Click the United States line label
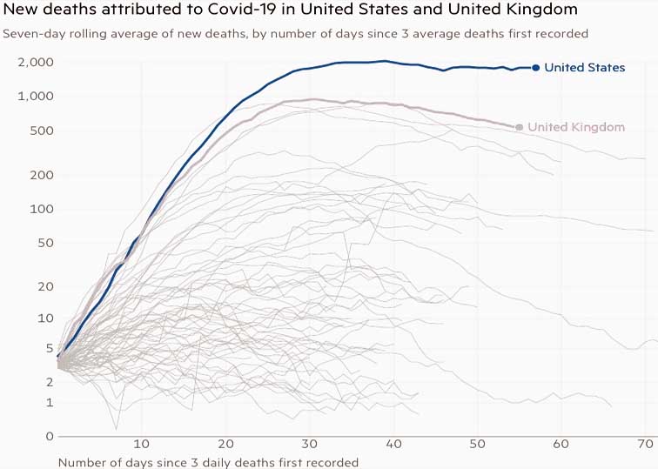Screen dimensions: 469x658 [x=584, y=67]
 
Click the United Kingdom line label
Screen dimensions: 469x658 [x=576, y=127]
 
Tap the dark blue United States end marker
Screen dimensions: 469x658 [x=536, y=67]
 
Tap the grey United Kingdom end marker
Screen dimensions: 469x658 [x=520, y=127]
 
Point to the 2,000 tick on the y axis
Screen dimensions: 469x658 [x=36, y=63]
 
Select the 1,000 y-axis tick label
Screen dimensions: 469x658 [x=36, y=96]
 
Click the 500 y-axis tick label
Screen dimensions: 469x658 [x=42, y=131]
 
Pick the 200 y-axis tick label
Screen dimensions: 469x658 [x=42, y=175]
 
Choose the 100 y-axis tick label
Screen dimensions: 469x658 [x=42, y=209]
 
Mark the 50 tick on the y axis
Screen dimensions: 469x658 [x=45, y=243]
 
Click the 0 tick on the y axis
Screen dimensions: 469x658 [x=50, y=436]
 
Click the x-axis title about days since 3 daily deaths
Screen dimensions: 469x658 [x=208, y=461]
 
